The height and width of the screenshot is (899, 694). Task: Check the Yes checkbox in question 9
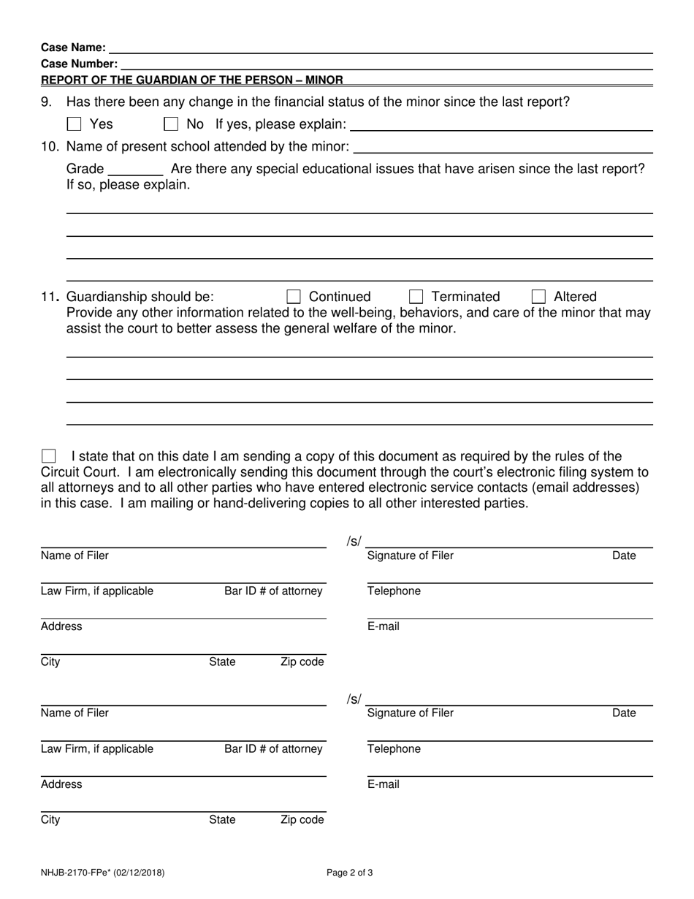[x=74, y=125]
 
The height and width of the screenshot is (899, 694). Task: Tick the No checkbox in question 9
[x=171, y=125]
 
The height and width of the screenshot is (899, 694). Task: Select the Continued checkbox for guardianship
[x=294, y=297]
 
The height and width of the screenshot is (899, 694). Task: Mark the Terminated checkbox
[x=416, y=297]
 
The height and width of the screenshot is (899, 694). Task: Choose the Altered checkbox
[x=538, y=297]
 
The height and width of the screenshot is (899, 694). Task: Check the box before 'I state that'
[x=49, y=457]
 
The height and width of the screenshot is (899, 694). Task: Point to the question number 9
[x=45, y=102]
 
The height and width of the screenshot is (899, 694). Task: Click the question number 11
[x=50, y=297]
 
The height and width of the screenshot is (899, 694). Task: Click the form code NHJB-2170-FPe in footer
[x=102, y=872]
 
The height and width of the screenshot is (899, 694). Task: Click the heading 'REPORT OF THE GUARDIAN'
[x=192, y=80]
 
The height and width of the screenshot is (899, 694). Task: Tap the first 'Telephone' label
[x=394, y=591]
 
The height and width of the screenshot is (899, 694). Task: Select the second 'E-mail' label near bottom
[x=384, y=785]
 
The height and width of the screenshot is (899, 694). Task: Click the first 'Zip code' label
[x=302, y=662]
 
